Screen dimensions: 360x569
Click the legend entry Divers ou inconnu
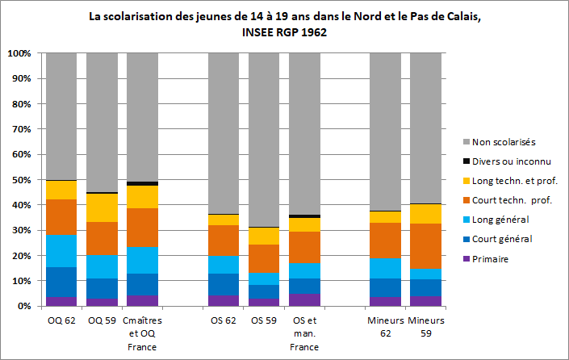click(x=512, y=161)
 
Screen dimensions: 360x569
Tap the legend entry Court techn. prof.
click(x=513, y=199)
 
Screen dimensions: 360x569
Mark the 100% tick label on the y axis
click(x=19, y=53)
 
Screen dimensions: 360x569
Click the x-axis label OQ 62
click(x=61, y=320)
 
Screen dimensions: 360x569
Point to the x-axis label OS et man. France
click(x=303, y=333)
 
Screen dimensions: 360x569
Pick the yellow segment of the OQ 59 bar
click(x=102, y=208)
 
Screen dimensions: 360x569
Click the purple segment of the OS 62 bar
click(x=224, y=301)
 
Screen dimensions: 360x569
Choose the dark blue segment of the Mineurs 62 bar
click(x=385, y=287)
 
